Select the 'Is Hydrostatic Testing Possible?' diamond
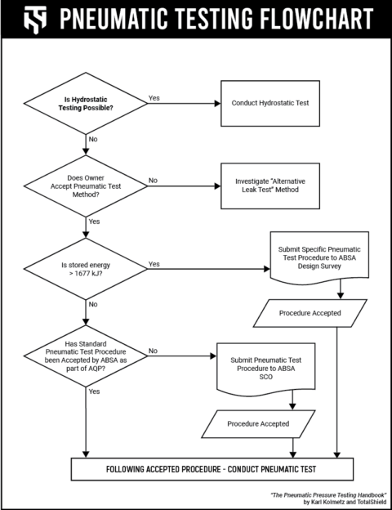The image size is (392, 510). click(86, 104)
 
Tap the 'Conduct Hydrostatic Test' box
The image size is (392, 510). click(275, 104)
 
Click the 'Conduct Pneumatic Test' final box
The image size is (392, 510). click(212, 469)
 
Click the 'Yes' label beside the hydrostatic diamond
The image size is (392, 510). click(154, 97)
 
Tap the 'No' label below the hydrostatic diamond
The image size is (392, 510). click(92, 140)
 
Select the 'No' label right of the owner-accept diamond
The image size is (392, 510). click(153, 180)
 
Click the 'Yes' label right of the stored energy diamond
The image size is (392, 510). click(154, 264)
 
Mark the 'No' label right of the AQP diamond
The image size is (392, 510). click(153, 351)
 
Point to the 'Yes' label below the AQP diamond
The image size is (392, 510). click(94, 391)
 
